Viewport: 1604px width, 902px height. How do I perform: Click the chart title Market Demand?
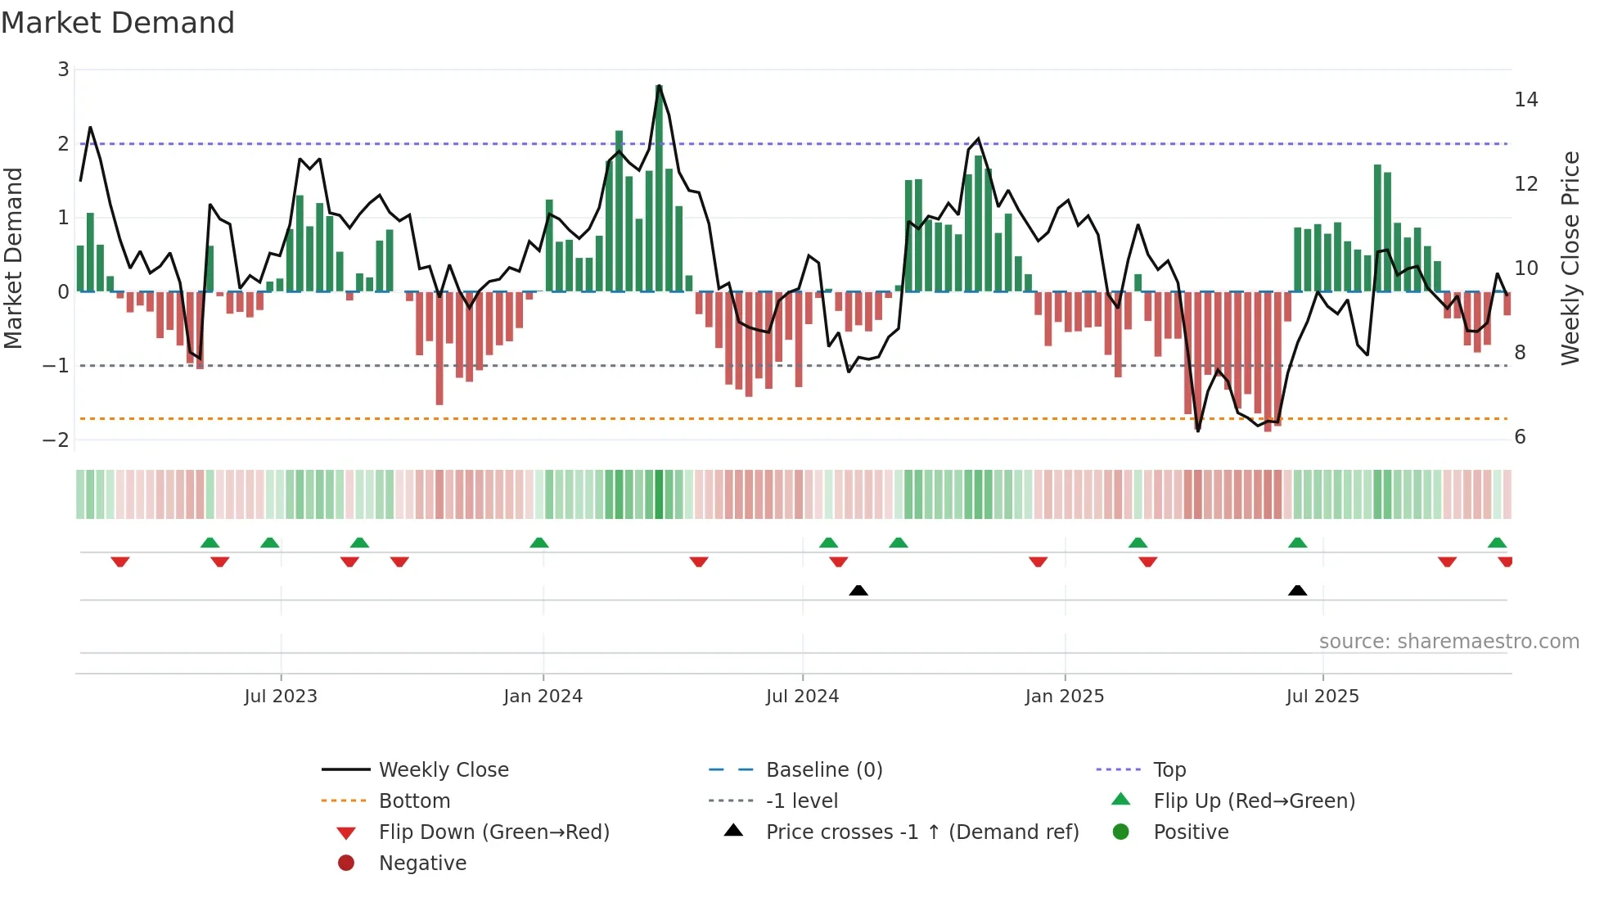coord(118,23)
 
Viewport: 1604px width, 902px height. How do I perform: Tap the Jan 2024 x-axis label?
coord(543,697)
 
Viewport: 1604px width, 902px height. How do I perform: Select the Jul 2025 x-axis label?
coord(1322,697)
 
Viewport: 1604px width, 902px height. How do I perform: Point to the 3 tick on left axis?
coord(63,70)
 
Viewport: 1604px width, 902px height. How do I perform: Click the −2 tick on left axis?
coord(56,440)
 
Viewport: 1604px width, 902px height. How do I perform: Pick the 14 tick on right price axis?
coord(1525,100)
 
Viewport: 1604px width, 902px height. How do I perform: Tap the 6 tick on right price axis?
coord(1520,437)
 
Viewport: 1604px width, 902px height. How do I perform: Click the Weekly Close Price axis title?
coord(1570,258)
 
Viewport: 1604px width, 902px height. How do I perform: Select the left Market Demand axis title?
coord(14,258)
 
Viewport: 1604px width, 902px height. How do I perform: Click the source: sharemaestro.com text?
coord(1449,642)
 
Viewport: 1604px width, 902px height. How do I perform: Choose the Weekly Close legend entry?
coord(443,770)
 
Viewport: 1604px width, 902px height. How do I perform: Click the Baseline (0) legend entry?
coord(823,770)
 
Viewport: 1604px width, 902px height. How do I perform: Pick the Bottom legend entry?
coord(414,801)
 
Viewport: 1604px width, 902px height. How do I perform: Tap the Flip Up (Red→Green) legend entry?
coord(1254,801)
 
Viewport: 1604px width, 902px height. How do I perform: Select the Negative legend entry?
coord(422,864)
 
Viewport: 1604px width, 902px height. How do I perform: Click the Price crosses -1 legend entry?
coord(921,832)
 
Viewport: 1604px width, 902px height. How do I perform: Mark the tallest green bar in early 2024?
coord(659,188)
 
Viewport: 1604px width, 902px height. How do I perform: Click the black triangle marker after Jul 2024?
coord(858,590)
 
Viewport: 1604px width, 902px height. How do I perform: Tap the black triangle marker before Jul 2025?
coord(1297,590)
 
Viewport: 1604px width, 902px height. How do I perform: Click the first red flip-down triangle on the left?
coord(120,561)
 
